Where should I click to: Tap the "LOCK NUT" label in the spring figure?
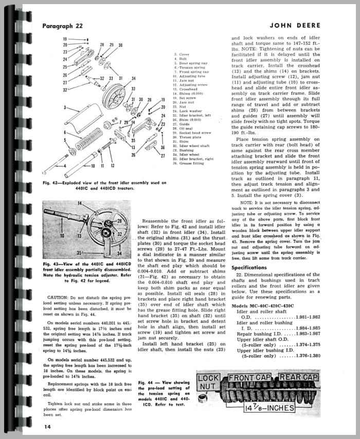[x=209, y=383]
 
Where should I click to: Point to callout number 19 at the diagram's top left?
[x=65, y=39]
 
